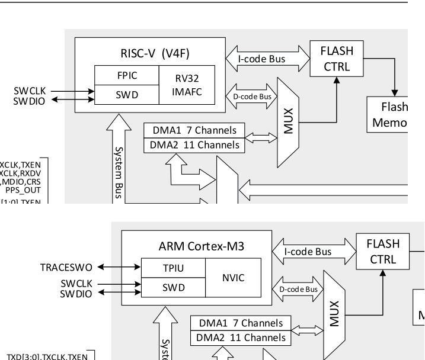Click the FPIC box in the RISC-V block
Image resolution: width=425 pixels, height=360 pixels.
coord(127,76)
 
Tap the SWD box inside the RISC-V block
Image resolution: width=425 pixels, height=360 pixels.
coord(127,94)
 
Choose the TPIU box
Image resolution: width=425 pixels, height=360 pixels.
coord(173,268)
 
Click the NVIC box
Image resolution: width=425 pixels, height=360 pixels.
coord(233,277)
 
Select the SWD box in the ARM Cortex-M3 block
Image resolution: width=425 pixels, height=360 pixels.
coord(173,287)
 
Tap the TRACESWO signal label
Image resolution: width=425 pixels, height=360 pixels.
coord(65,268)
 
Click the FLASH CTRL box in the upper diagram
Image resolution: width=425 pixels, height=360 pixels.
coord(337,58)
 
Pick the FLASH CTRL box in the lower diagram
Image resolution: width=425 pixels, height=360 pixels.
coord(383,251)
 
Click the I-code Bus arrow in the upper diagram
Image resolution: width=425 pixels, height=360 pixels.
coord(268,59)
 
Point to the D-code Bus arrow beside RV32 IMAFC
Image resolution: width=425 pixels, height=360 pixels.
coord(252,96)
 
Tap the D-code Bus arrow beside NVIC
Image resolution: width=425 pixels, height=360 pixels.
coord(298,289)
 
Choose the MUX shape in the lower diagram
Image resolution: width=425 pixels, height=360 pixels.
coord(335,314)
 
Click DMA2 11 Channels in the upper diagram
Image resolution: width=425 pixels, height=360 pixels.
coord(194,145)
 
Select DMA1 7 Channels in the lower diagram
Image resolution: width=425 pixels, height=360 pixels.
coord(241,323)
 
